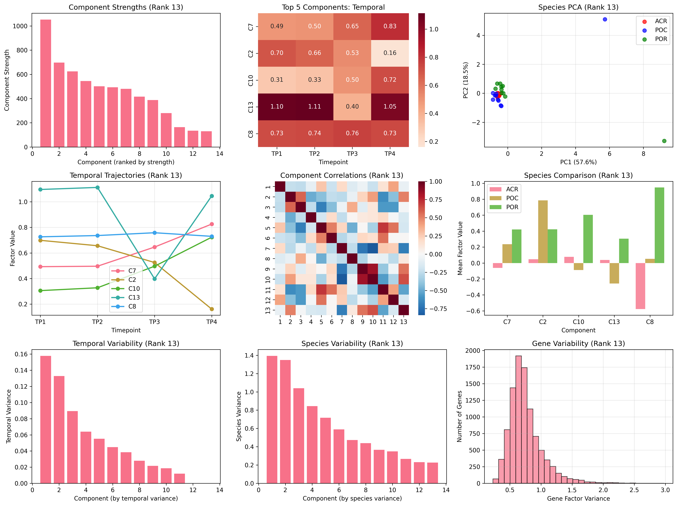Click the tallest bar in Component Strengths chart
pyautogui.click(x=46, y=83)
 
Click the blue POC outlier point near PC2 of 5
pyautogui.click(x=605, y=19)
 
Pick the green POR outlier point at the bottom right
pyautogui.click(x=664, y=141)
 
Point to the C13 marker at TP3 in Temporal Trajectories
pyautogui.click(x=155, y=279)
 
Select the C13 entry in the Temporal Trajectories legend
pyautogui.click(x=134, y=297)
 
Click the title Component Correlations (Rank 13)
pyautogui.click(x=342, y=175)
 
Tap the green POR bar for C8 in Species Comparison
pyautogui.click(x=659, y=225)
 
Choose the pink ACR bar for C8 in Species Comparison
pyautogui.click(x=640, y=286)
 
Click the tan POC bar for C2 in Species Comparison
pyautogui.click(x=543, y=232)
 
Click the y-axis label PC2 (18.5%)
pyautogui.click(x=466, y=80)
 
